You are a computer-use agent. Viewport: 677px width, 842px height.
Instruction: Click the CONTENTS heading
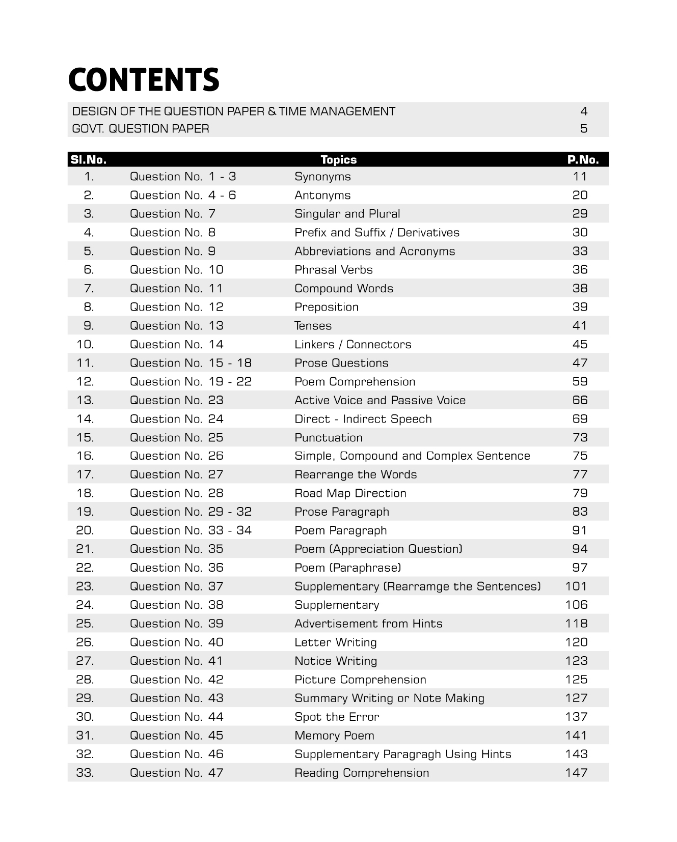(x=144, y=80)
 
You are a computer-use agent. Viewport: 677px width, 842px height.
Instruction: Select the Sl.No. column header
(x=89, y=160)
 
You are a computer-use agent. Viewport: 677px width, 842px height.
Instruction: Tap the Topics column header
(x=338, y=160)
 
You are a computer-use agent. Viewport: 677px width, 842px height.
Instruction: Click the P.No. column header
(x=583, y=160)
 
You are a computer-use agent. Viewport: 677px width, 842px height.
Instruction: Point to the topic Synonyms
(x=322, y=177)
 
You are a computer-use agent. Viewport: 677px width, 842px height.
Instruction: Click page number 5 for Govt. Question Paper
(x=584, y=129)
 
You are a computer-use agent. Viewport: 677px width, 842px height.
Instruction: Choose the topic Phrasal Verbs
(x=333, y=270)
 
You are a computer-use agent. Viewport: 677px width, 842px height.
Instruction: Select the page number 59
(x=580, y=382)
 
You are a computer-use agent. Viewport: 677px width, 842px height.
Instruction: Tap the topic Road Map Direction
(x=350, y=493)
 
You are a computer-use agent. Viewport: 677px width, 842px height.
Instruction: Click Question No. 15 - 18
(x=191, y=363)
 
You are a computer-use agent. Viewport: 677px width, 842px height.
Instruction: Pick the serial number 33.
(x=85, y=773)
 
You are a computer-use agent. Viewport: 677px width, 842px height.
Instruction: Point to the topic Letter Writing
(x=335, y=642)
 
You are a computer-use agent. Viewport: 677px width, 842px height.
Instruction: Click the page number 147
(x=576, y=773)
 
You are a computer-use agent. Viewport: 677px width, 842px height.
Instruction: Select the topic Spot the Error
(x=337, y=717)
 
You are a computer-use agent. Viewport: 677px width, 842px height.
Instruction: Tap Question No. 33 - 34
(x=191, y=530)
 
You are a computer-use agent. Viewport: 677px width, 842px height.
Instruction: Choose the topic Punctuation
(x=329, y=438)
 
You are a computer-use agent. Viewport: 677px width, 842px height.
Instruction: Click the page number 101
(x=576, y=586)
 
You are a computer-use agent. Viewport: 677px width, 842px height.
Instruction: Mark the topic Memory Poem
(x=334, y=736)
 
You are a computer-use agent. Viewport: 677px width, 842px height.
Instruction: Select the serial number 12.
(x=85, y=382)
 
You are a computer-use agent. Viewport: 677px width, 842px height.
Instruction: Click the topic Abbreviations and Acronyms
(x=374, y=251)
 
